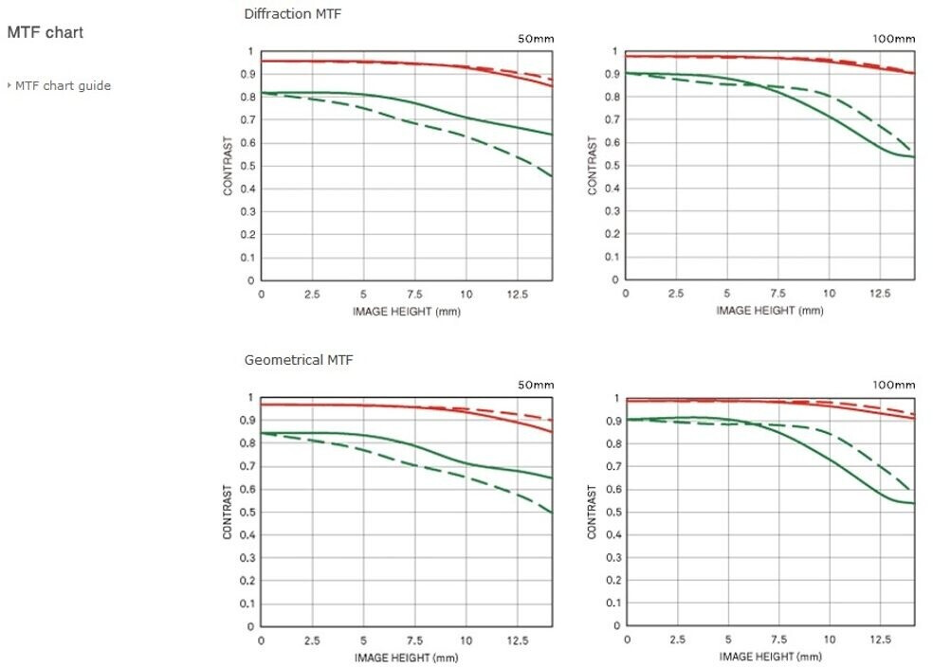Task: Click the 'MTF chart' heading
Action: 46,32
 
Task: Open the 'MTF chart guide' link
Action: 63,86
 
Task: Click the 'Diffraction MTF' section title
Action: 293,14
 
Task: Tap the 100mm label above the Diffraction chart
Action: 894,39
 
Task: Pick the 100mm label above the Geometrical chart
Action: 894,385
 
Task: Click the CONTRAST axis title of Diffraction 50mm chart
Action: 229,166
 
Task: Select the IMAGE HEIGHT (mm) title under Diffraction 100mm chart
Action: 771,311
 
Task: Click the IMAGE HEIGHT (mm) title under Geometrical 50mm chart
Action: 407,657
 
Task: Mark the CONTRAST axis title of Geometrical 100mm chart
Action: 593,513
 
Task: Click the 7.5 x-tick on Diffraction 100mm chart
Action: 777,295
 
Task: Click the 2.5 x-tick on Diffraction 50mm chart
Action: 312,295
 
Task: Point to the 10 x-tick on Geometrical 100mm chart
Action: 829,640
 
